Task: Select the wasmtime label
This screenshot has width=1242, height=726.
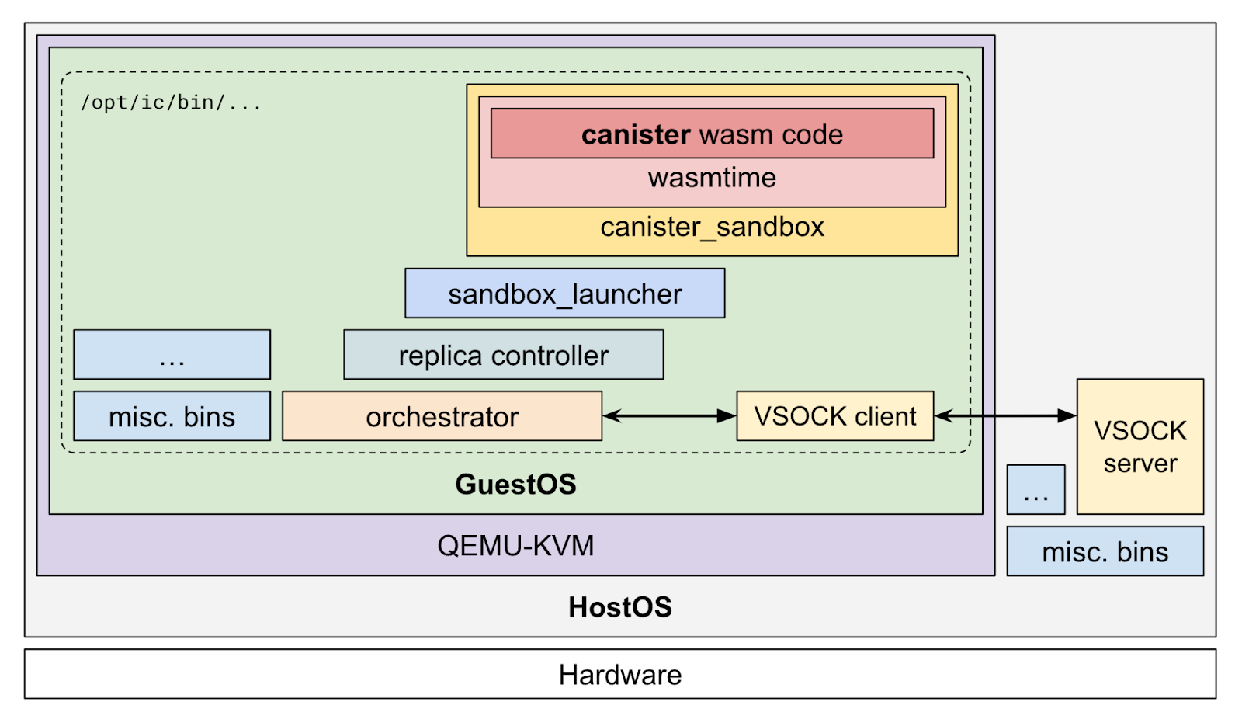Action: pos(712,178)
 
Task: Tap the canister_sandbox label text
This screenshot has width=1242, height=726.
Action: pos(712,228)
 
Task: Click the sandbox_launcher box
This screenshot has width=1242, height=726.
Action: pos(564,294)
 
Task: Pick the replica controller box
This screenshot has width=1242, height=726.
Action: pos(503,355)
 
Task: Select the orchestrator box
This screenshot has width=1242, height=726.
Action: pos(442,416)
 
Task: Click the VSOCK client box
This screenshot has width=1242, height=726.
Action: pos(834,416)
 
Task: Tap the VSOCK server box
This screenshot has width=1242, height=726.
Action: pos(1140,446)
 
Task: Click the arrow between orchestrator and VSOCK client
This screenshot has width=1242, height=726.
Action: pos(668,416)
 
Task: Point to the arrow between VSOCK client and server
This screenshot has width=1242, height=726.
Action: pos(1004,416)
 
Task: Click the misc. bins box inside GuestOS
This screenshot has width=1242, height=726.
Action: pos(172,416)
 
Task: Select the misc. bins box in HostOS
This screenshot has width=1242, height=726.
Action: pos(1105,551)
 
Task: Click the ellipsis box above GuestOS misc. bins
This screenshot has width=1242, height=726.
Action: pos(172,355)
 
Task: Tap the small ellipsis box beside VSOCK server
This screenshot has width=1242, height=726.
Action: pos(1036,490)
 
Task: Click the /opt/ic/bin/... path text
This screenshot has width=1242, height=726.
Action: pos(171,102)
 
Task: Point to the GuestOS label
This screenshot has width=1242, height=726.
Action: pos(515,485)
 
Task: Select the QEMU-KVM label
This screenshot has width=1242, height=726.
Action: pos(515,546)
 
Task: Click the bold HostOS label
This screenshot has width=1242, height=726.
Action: pos(619,607)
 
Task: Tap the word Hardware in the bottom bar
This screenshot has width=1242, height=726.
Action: pos(619,675)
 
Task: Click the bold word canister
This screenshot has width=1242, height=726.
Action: pos(636,134)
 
